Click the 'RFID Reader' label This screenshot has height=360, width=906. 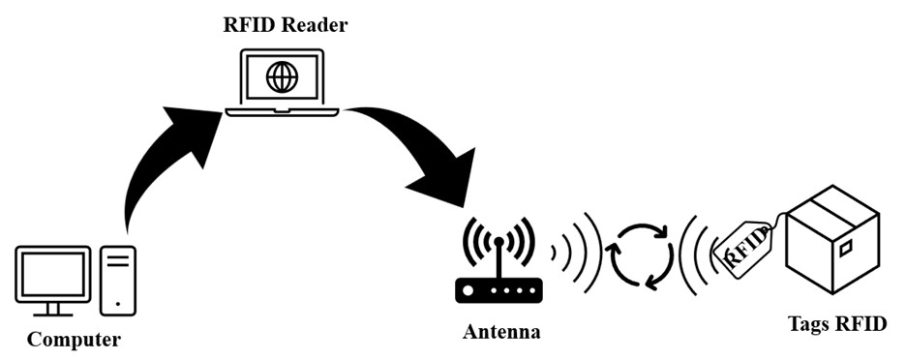[x=283, y=25]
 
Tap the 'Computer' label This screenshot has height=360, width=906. [x=74, y=340]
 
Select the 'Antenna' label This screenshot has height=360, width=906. [x=501, y=332]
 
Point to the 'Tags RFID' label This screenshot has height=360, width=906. [x=837, y=323]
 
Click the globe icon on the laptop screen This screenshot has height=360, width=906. [x=282, y=75]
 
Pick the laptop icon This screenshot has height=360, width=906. [x=282, y=82]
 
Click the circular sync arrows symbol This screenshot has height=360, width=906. [x=639, y=255]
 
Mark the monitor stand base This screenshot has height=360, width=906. [x=53, y=312]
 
